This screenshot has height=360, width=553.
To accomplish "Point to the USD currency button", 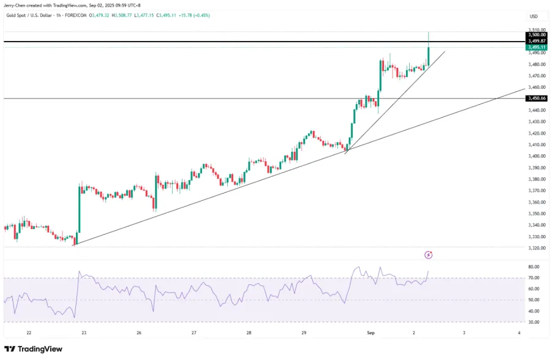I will coord(533,17).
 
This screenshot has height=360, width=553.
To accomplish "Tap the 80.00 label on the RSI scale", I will coord(533,267).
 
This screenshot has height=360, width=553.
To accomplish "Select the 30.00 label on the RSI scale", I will coord(533,322).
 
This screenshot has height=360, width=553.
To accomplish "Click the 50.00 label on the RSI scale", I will coord(533,300).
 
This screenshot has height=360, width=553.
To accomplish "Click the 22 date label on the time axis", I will coord(29,332).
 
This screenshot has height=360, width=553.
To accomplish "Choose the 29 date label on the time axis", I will coord(304,332).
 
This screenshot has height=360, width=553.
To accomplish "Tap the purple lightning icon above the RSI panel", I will coord(428,255).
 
